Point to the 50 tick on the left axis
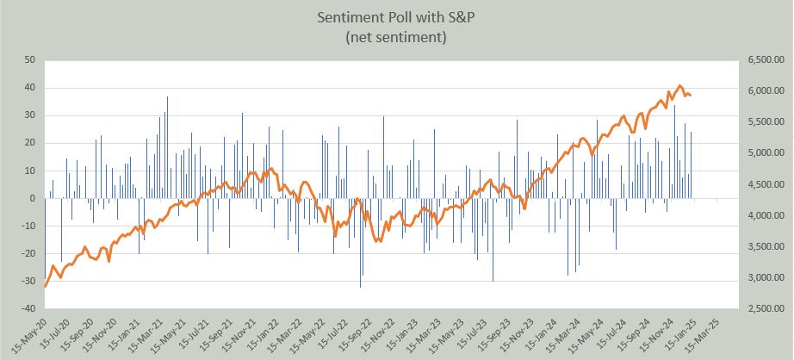tap(28, 60)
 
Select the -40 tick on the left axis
tap(27, 308)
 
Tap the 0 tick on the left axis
tap(31, 198)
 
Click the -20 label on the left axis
tap(27, 253)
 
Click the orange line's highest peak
tap(680, 86)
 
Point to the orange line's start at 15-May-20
tap(45, 285)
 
